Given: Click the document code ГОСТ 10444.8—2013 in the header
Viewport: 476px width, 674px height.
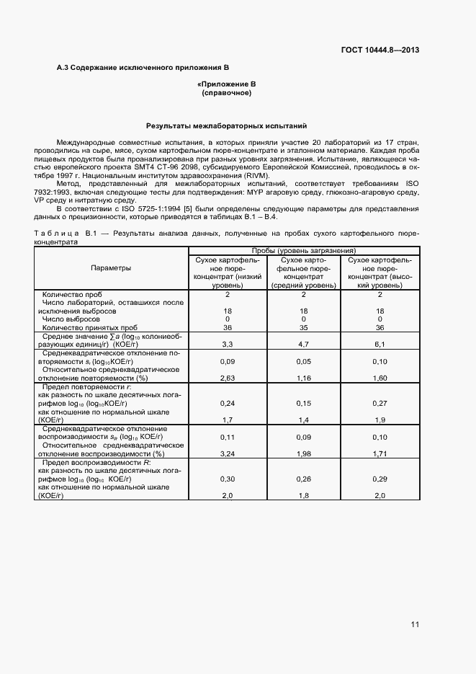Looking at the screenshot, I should click(x=380, y=50).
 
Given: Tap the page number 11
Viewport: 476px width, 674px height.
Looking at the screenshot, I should click(x=415, y=624).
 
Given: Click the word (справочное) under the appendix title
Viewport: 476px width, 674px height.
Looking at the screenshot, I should click(x=227, y=94).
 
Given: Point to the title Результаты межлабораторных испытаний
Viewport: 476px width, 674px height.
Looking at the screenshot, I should click(x=227, y=125).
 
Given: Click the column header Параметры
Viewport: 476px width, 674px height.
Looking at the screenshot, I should click(x=111, y=268).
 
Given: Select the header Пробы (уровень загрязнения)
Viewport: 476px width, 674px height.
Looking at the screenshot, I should click(x=303, y=250).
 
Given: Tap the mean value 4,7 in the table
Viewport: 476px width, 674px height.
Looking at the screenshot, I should click(x=304, y=345).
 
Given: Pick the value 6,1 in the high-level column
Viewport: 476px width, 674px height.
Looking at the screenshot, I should click(x=380, y=345).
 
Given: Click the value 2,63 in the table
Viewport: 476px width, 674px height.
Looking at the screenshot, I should click(x=227, y=377).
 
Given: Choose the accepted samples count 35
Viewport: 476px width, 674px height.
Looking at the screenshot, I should click(x=304, y=327).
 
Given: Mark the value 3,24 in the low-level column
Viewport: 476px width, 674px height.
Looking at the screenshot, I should click(x=227, y=454).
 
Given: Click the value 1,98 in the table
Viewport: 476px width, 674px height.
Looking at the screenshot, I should click(x=304, y=454).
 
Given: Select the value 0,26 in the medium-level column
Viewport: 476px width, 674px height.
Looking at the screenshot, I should click(x=304, y=479).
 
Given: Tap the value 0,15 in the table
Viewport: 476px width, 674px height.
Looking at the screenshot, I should click(x=304, y=402).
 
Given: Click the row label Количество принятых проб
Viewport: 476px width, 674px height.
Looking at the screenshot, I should click(x=89, y=327).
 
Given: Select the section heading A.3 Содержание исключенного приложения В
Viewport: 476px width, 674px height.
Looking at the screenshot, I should click(x=143, y=67).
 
